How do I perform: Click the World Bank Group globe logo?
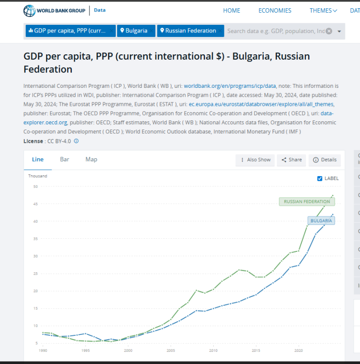click(x=30, y=11)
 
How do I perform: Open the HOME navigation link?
click(x=231, y=11)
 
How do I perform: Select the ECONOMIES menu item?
click(x=274, y=11)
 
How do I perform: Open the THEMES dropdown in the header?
click(x=323, y=11)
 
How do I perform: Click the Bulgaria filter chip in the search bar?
click(x=136, y=31)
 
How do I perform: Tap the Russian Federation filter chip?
click(x=190, y=31)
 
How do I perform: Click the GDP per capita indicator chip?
click(x=70, y=31)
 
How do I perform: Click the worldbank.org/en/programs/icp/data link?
click(x=230, y=86)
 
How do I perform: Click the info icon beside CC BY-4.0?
click(x=76, y=141)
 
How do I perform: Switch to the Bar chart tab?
click(x=65, y=160)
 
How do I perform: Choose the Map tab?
click(x=91, y=160)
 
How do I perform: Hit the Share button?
click(x=291, y=160)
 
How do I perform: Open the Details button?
click(x=325, y=160)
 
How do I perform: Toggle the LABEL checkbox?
click(x=320, y=179)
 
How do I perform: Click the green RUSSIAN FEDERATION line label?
click(x=307, y=201)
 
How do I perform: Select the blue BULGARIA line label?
click(x=321, y=220)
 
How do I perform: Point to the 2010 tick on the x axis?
click(x=213, y=350)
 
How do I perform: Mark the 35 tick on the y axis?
click(x=35, y=239)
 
